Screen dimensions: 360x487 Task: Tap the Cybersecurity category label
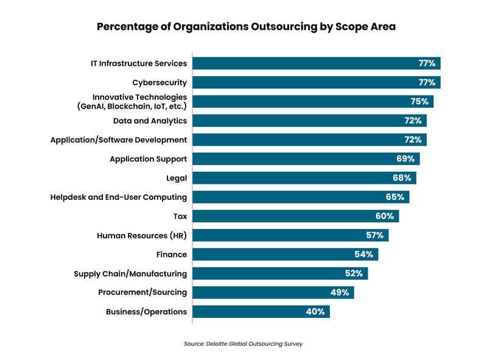tap(159, 82)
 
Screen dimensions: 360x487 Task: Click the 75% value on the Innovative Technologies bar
tap(419, 102)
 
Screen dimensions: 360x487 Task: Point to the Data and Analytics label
tap(150, 121)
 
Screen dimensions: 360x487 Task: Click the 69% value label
tap(405, 159)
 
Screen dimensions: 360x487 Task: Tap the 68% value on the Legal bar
tap(402, 178)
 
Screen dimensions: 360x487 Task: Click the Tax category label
tap(180, 216)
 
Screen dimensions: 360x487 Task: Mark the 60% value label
tap(385, 216)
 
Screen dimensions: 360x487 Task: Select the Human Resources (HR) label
tap(142, 235)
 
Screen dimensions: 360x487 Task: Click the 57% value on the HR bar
tap(375, 235)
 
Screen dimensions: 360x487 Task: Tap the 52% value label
tap(354, 274)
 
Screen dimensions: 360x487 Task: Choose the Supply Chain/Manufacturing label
tap(130, 274)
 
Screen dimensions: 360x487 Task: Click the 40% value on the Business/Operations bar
tap(316, 311)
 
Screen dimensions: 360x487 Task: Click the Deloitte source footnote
tap(243, 344)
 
